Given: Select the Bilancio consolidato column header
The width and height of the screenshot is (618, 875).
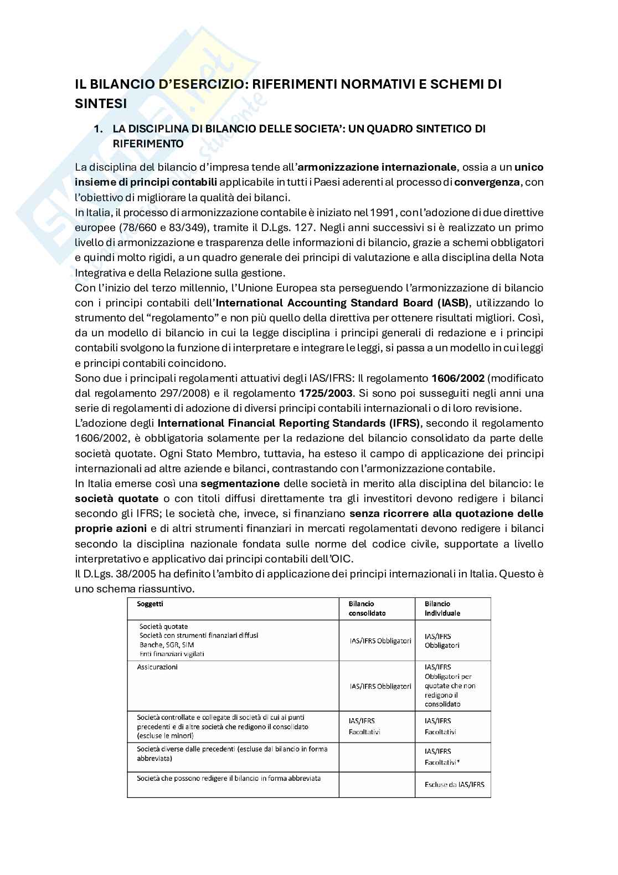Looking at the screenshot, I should tap(367, 608).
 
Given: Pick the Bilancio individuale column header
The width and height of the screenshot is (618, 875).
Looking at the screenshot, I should tap(442, 608).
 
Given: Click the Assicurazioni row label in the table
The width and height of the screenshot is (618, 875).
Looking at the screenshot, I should tap(157, 667).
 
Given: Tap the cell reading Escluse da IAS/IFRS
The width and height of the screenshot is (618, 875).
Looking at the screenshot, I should tap(454, 784).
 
